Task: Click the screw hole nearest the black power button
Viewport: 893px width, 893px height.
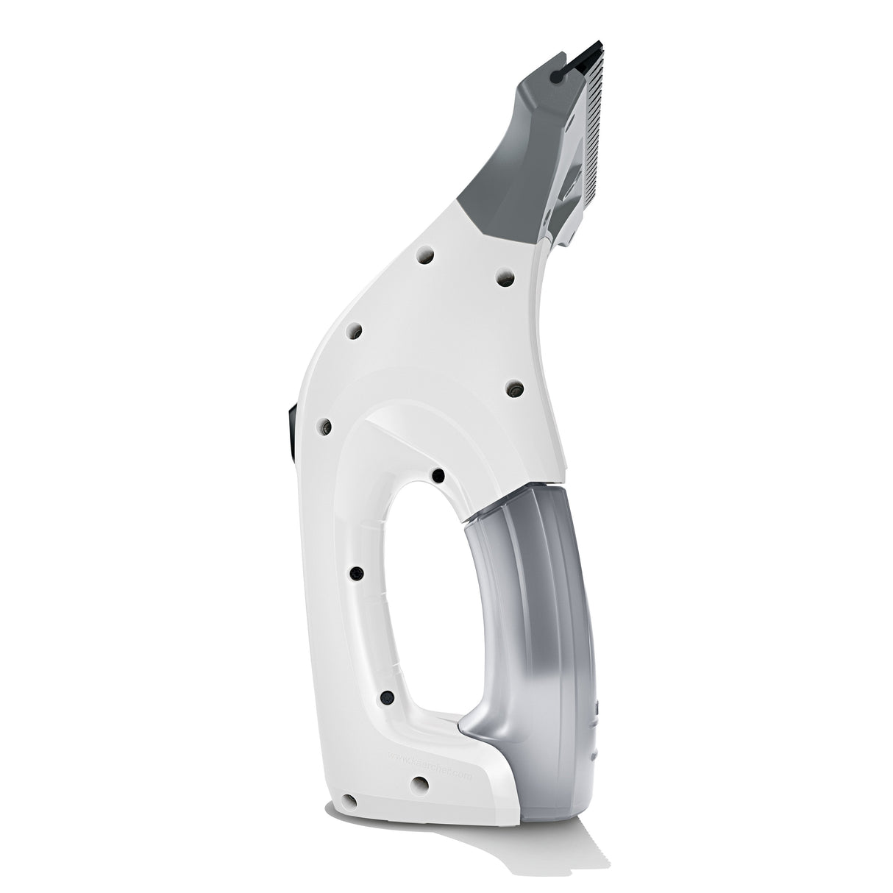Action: coord(321,425)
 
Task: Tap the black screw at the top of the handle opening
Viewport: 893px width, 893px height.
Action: coord(437,476)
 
